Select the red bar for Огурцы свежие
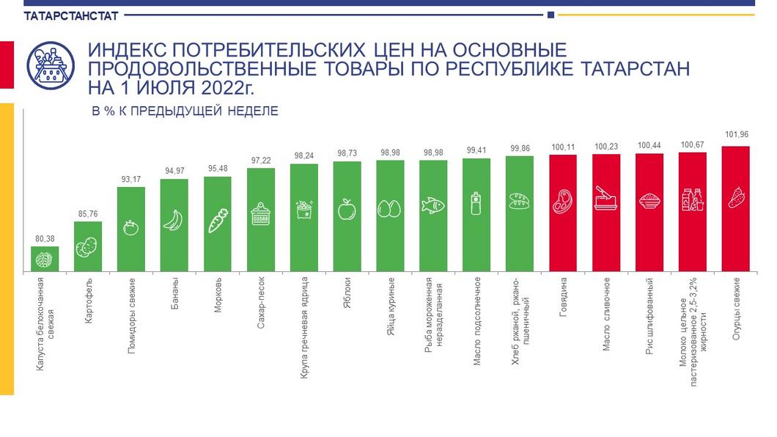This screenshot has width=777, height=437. (x=735, y=209)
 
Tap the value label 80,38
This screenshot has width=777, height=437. (x=45, y=238)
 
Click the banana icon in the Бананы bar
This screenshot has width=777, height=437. (x=174, y=220)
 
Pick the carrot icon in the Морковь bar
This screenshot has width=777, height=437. (x=218, y=221)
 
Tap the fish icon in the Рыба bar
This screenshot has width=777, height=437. (x=433, y=206)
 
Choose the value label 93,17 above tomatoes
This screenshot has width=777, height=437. (x=130, y=179)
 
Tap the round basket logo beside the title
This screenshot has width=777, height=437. (x=51, y=66)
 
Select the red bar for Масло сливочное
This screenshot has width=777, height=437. (x=606, y=213)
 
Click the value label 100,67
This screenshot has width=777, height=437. (x=692, y=144)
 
